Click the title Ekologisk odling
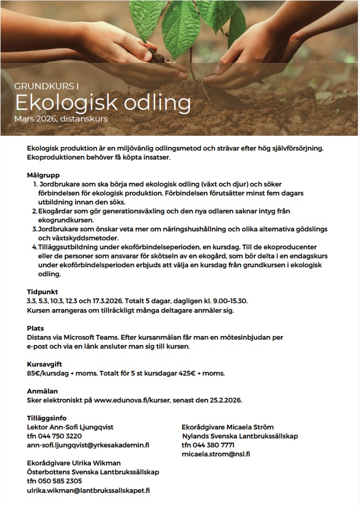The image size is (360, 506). tap(102, 102)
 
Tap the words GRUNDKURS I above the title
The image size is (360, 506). tap(46, 86)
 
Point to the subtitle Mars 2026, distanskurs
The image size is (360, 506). tap(61, 119)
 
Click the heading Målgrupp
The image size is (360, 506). tap(43, 175)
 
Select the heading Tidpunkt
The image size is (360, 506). tap(42, 292)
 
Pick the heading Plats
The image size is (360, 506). tap(35, 328)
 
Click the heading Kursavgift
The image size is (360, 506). tap(44, 364)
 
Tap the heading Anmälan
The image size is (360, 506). tap(41, 391)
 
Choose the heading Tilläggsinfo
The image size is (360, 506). tap(47, 418)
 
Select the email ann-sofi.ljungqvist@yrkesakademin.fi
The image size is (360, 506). tap(88, 445)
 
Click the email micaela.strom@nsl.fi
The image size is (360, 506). tap(215, 454)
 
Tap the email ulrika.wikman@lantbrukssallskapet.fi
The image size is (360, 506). tap(89, 490)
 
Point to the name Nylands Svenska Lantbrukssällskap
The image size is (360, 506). tap(240, 436)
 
